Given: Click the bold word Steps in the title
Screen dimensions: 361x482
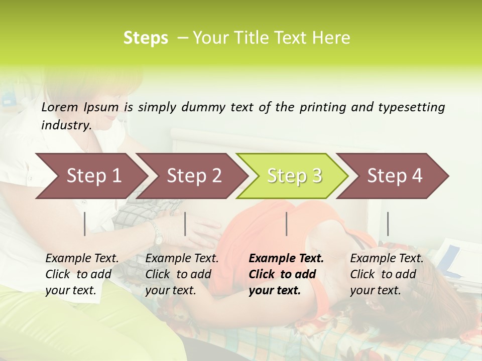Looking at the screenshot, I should (146, 38).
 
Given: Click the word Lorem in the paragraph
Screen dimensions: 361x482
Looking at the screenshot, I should (60, 107).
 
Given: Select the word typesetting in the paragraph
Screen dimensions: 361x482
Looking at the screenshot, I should (412, 107).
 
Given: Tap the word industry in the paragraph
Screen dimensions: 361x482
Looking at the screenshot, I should (66, 125).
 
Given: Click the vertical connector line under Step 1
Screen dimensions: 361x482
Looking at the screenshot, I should (85, 224).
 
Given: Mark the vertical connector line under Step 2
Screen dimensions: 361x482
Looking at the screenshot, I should (185, 224).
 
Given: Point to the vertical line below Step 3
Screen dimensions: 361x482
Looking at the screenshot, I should (287, 224).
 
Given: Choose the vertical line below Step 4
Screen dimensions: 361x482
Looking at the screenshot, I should (388, 224).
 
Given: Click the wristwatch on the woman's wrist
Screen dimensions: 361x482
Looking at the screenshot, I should (158, 235).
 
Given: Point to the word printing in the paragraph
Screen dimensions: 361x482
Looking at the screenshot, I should (319, 107).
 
